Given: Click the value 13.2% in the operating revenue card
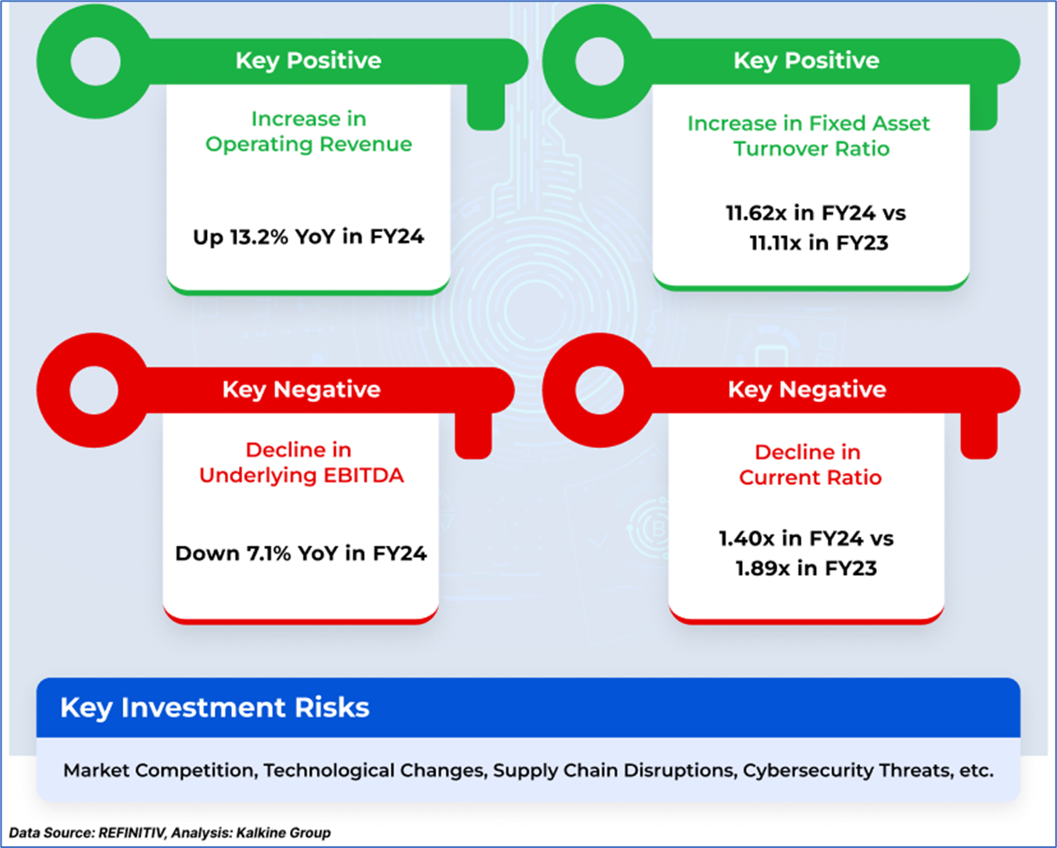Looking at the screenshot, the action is pos(259,237).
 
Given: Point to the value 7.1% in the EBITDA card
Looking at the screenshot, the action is pos(268,553).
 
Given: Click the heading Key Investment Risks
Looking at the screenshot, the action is pos(215,708).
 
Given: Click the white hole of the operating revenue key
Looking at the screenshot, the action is pos(95,61).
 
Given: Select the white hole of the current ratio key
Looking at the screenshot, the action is pos(599,391).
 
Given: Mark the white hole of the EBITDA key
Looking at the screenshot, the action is pos(93,391).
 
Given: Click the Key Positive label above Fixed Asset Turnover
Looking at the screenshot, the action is pos(807,61).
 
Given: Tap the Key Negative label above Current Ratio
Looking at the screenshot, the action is pos(807,390).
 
